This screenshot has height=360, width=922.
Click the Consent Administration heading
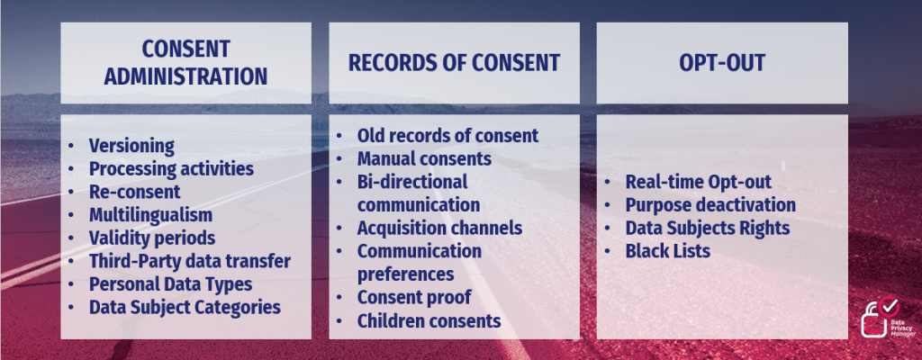(185, 61)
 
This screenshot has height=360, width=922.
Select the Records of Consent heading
(454, 62)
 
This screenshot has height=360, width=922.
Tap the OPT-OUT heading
(721, 62)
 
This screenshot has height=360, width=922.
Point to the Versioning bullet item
(131, 146)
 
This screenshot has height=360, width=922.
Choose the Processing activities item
(171, 168)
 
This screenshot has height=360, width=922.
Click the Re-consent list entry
(134, 192)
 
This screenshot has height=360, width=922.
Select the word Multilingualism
(150, 215)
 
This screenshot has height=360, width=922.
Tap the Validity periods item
(151, 238)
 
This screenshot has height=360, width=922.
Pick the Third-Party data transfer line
(189, 261)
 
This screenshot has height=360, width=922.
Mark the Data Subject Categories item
(185, 308)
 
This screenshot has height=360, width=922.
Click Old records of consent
(447, 136)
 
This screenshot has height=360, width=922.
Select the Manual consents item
(424, 159)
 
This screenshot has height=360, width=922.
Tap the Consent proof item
(414, 296)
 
